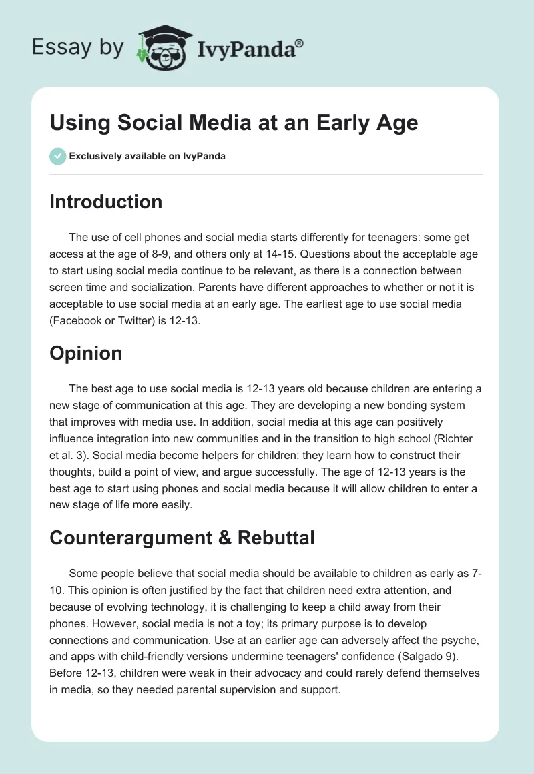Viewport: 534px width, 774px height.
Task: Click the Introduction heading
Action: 105,202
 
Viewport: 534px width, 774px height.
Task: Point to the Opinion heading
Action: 85,353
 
